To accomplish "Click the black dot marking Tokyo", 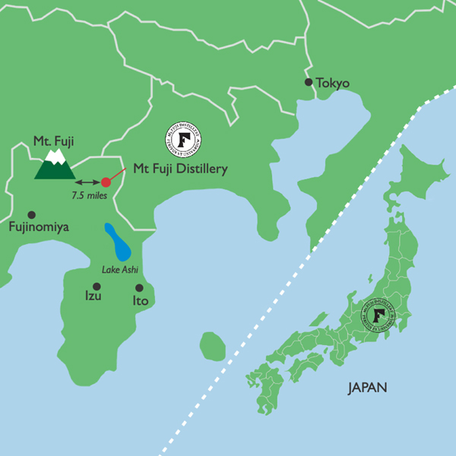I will point(309,82).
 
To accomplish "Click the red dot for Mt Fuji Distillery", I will point(106,182).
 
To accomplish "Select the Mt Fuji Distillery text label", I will point(180,169).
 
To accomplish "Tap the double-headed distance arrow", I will point(87,182).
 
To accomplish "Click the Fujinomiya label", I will point(40,226).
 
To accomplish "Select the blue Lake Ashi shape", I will point(118,242).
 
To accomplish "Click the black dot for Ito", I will point(139,288).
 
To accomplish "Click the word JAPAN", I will point(368,387).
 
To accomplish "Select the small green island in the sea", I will point(213,347).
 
